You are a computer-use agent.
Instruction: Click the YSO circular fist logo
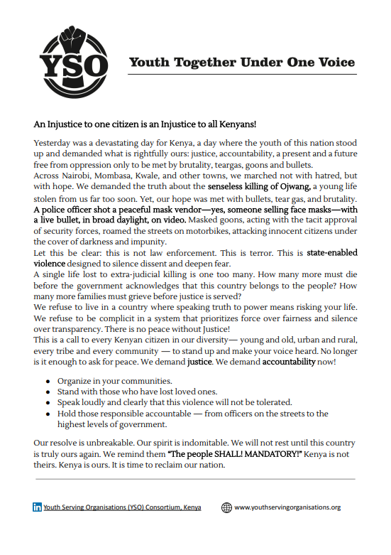pyautogui.click(x=74, y=55)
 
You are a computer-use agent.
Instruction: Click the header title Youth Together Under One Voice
pyautogui.click(x=241, y=63)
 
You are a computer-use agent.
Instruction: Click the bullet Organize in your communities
pyautogui.click(x=114, y=381)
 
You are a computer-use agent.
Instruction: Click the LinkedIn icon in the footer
pyautogui.click(x=37, y=507)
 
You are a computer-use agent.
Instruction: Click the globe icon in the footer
pyautogui.click(x=226, y=507)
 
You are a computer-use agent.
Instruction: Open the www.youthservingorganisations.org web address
pyautogui.click(x=287, y=507)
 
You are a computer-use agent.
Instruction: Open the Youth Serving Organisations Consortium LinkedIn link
pyautogui.click(x=122, y=507)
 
